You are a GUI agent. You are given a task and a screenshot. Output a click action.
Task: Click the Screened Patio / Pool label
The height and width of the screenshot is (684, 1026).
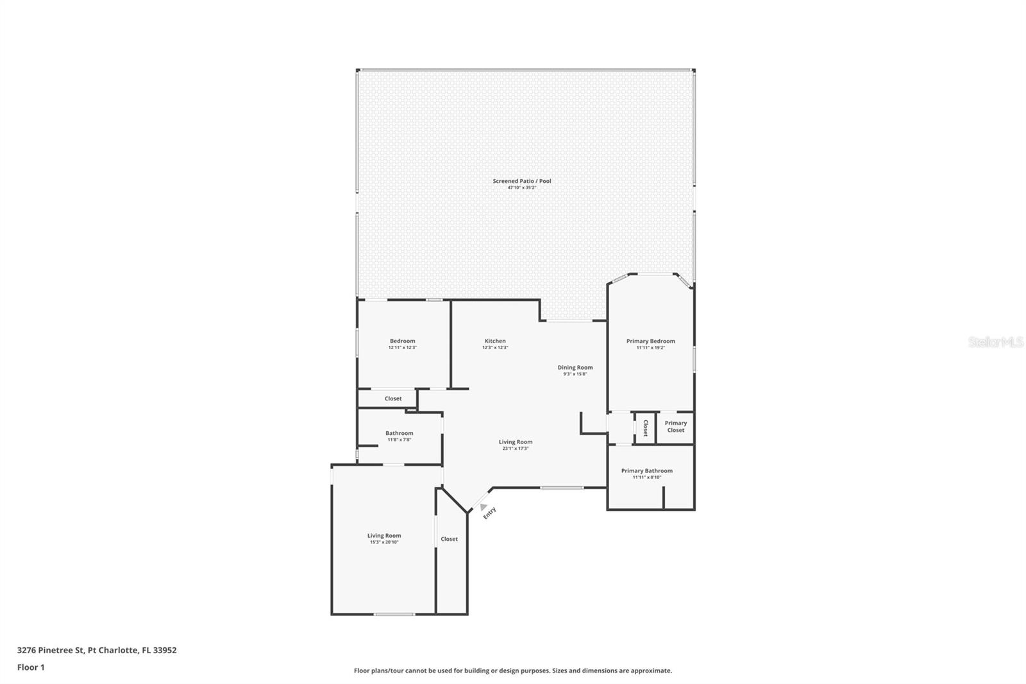coord(521,181)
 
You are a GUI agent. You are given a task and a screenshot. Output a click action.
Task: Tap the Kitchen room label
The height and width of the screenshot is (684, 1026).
coord(495,341)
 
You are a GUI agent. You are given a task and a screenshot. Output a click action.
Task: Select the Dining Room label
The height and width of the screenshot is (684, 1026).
coord(575,368)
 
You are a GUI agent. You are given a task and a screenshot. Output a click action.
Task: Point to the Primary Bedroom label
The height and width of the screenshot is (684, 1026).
coord(650,341)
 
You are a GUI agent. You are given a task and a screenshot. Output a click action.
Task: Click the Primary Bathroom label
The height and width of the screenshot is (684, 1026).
coord(646,471)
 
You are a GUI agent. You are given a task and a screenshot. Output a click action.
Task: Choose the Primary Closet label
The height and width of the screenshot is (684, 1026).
coord(675,426)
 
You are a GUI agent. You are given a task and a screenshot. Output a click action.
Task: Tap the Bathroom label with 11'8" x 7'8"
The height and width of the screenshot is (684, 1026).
coord(399,433)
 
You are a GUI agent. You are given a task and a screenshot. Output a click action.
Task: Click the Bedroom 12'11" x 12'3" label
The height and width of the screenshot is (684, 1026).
coord(402,341)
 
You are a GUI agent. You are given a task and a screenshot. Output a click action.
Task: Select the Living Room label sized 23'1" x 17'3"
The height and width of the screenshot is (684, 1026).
coord(516,441)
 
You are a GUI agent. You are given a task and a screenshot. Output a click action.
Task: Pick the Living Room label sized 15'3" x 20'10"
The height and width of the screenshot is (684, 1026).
coord(384,535)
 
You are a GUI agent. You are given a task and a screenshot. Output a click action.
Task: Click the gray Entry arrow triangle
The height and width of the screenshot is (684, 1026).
coord(483,507)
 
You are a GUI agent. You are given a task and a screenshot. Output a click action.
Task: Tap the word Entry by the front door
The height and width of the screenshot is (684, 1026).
coord(489,513)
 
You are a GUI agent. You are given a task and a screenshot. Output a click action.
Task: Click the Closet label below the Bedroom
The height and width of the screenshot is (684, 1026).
coord(393,398)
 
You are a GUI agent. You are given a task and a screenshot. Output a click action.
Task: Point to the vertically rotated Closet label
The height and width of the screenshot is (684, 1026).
coord(645,428)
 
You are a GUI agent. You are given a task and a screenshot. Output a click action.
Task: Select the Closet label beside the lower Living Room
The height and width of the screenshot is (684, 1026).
coord(449,539)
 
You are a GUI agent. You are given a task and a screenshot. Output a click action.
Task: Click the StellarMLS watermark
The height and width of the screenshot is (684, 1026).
coord(995,342)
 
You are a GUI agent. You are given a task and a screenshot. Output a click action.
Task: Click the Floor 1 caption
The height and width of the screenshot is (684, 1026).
coord(31,667)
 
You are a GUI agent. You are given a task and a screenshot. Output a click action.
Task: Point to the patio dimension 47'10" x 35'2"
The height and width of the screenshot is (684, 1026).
coord(521,188)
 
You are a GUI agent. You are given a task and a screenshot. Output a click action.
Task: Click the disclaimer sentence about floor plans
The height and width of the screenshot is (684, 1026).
coord(513,671)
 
